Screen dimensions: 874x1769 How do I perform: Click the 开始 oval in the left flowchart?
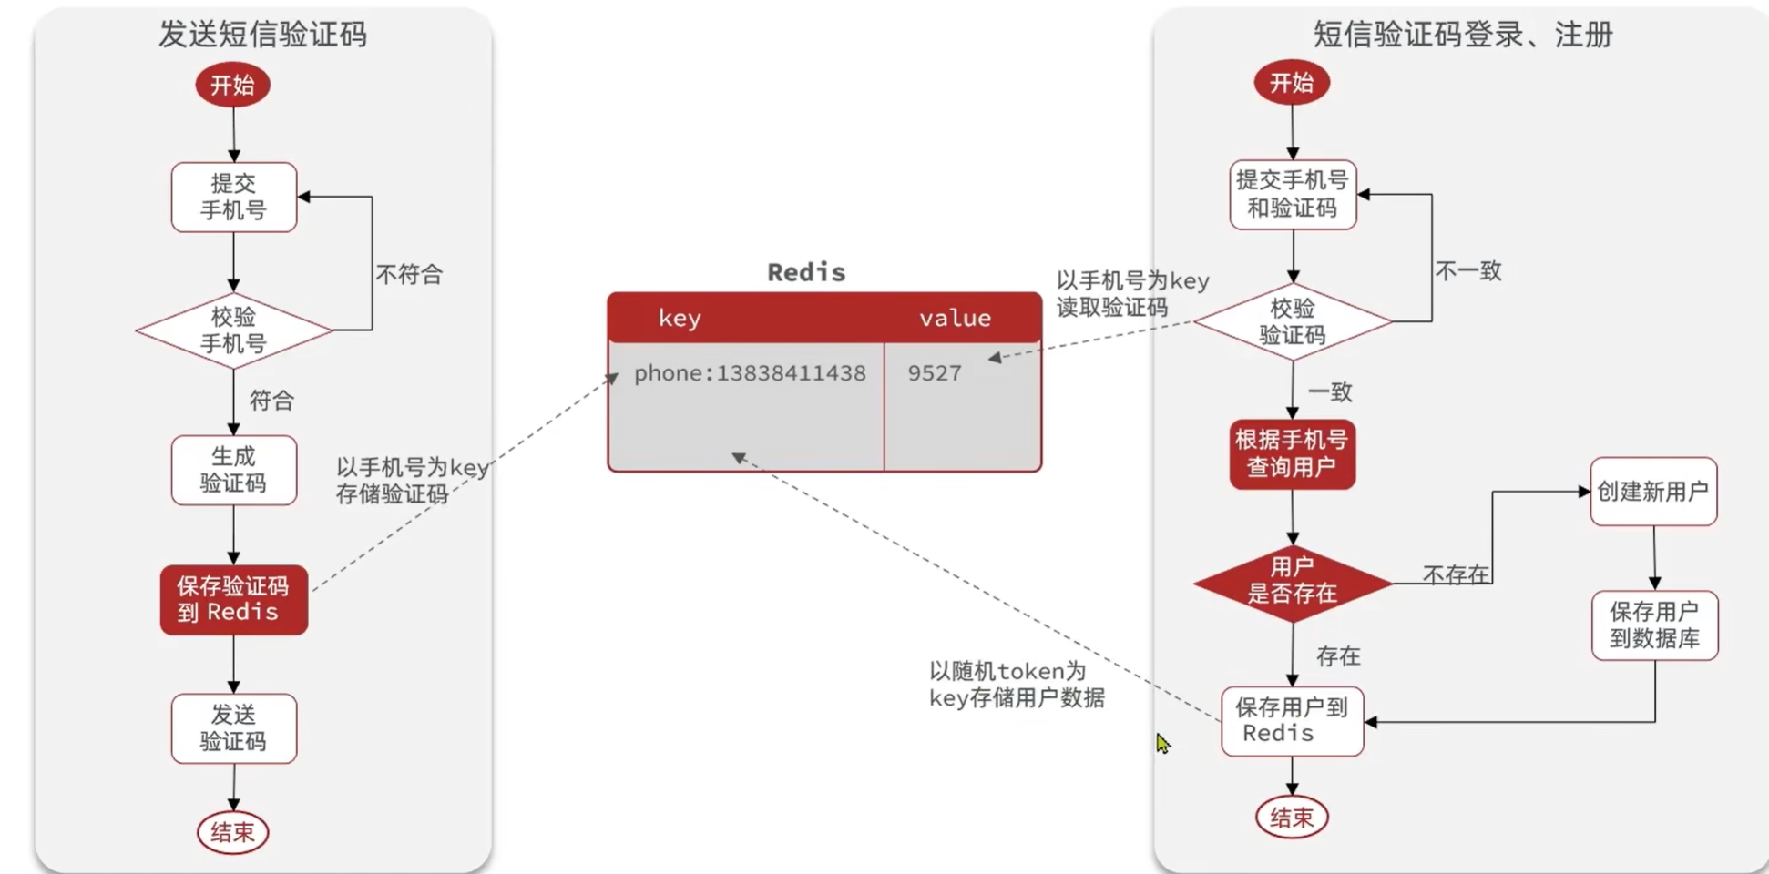(232, 85)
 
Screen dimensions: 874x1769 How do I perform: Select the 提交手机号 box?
(234, 197)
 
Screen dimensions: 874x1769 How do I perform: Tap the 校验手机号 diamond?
(234, 330)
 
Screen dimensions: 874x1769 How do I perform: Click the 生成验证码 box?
(234, 470)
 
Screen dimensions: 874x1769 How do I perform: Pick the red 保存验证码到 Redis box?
(234, 599)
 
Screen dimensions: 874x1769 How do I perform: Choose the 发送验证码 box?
(234, 728)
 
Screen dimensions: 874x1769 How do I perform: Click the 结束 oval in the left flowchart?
(232, 831)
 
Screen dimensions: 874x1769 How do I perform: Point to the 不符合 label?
(409, 274)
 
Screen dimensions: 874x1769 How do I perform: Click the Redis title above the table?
(806, 272)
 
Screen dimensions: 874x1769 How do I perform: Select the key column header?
(680, 318)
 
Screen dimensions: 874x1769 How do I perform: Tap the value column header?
(955, 318)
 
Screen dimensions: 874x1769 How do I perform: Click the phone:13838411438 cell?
(750, 373)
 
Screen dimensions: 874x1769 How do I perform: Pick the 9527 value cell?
(935, 373)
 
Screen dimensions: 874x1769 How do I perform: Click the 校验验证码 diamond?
(1292, 321)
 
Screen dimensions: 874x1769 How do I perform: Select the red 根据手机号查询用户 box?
(1292, 453)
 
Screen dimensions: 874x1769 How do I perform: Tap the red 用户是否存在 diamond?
(1292, 581)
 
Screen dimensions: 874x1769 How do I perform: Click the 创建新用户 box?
(1652, 492)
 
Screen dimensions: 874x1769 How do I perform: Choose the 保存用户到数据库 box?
(1654, 625)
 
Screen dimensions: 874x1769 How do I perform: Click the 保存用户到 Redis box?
(1292, 720)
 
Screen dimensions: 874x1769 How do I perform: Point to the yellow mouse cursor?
(1162, 743)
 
